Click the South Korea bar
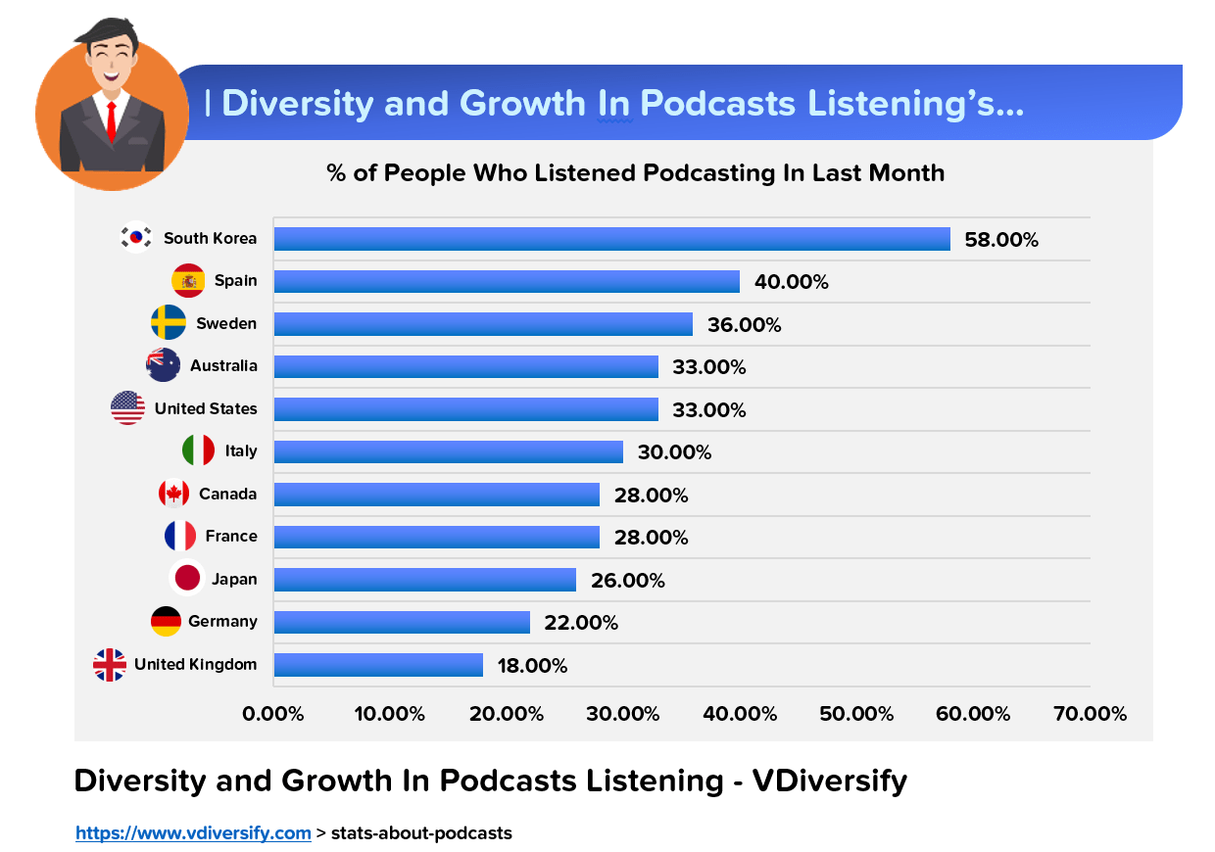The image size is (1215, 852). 611,239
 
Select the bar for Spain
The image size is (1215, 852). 507,281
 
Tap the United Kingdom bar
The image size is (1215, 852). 378,665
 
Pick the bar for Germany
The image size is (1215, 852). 402,622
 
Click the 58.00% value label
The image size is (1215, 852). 1001,240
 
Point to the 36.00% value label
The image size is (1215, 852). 745,325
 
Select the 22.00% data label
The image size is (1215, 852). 581,623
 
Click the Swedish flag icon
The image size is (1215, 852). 168,323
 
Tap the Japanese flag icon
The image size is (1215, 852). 186,579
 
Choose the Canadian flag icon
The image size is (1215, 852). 174,494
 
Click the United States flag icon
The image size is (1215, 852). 128,408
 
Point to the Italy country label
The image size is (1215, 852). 241,451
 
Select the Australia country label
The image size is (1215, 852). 223,366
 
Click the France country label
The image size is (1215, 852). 231,537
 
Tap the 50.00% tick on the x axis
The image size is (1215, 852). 856,714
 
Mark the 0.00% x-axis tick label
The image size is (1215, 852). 273,714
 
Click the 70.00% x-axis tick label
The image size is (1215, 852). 1090,714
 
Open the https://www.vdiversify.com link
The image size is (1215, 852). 193,833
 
